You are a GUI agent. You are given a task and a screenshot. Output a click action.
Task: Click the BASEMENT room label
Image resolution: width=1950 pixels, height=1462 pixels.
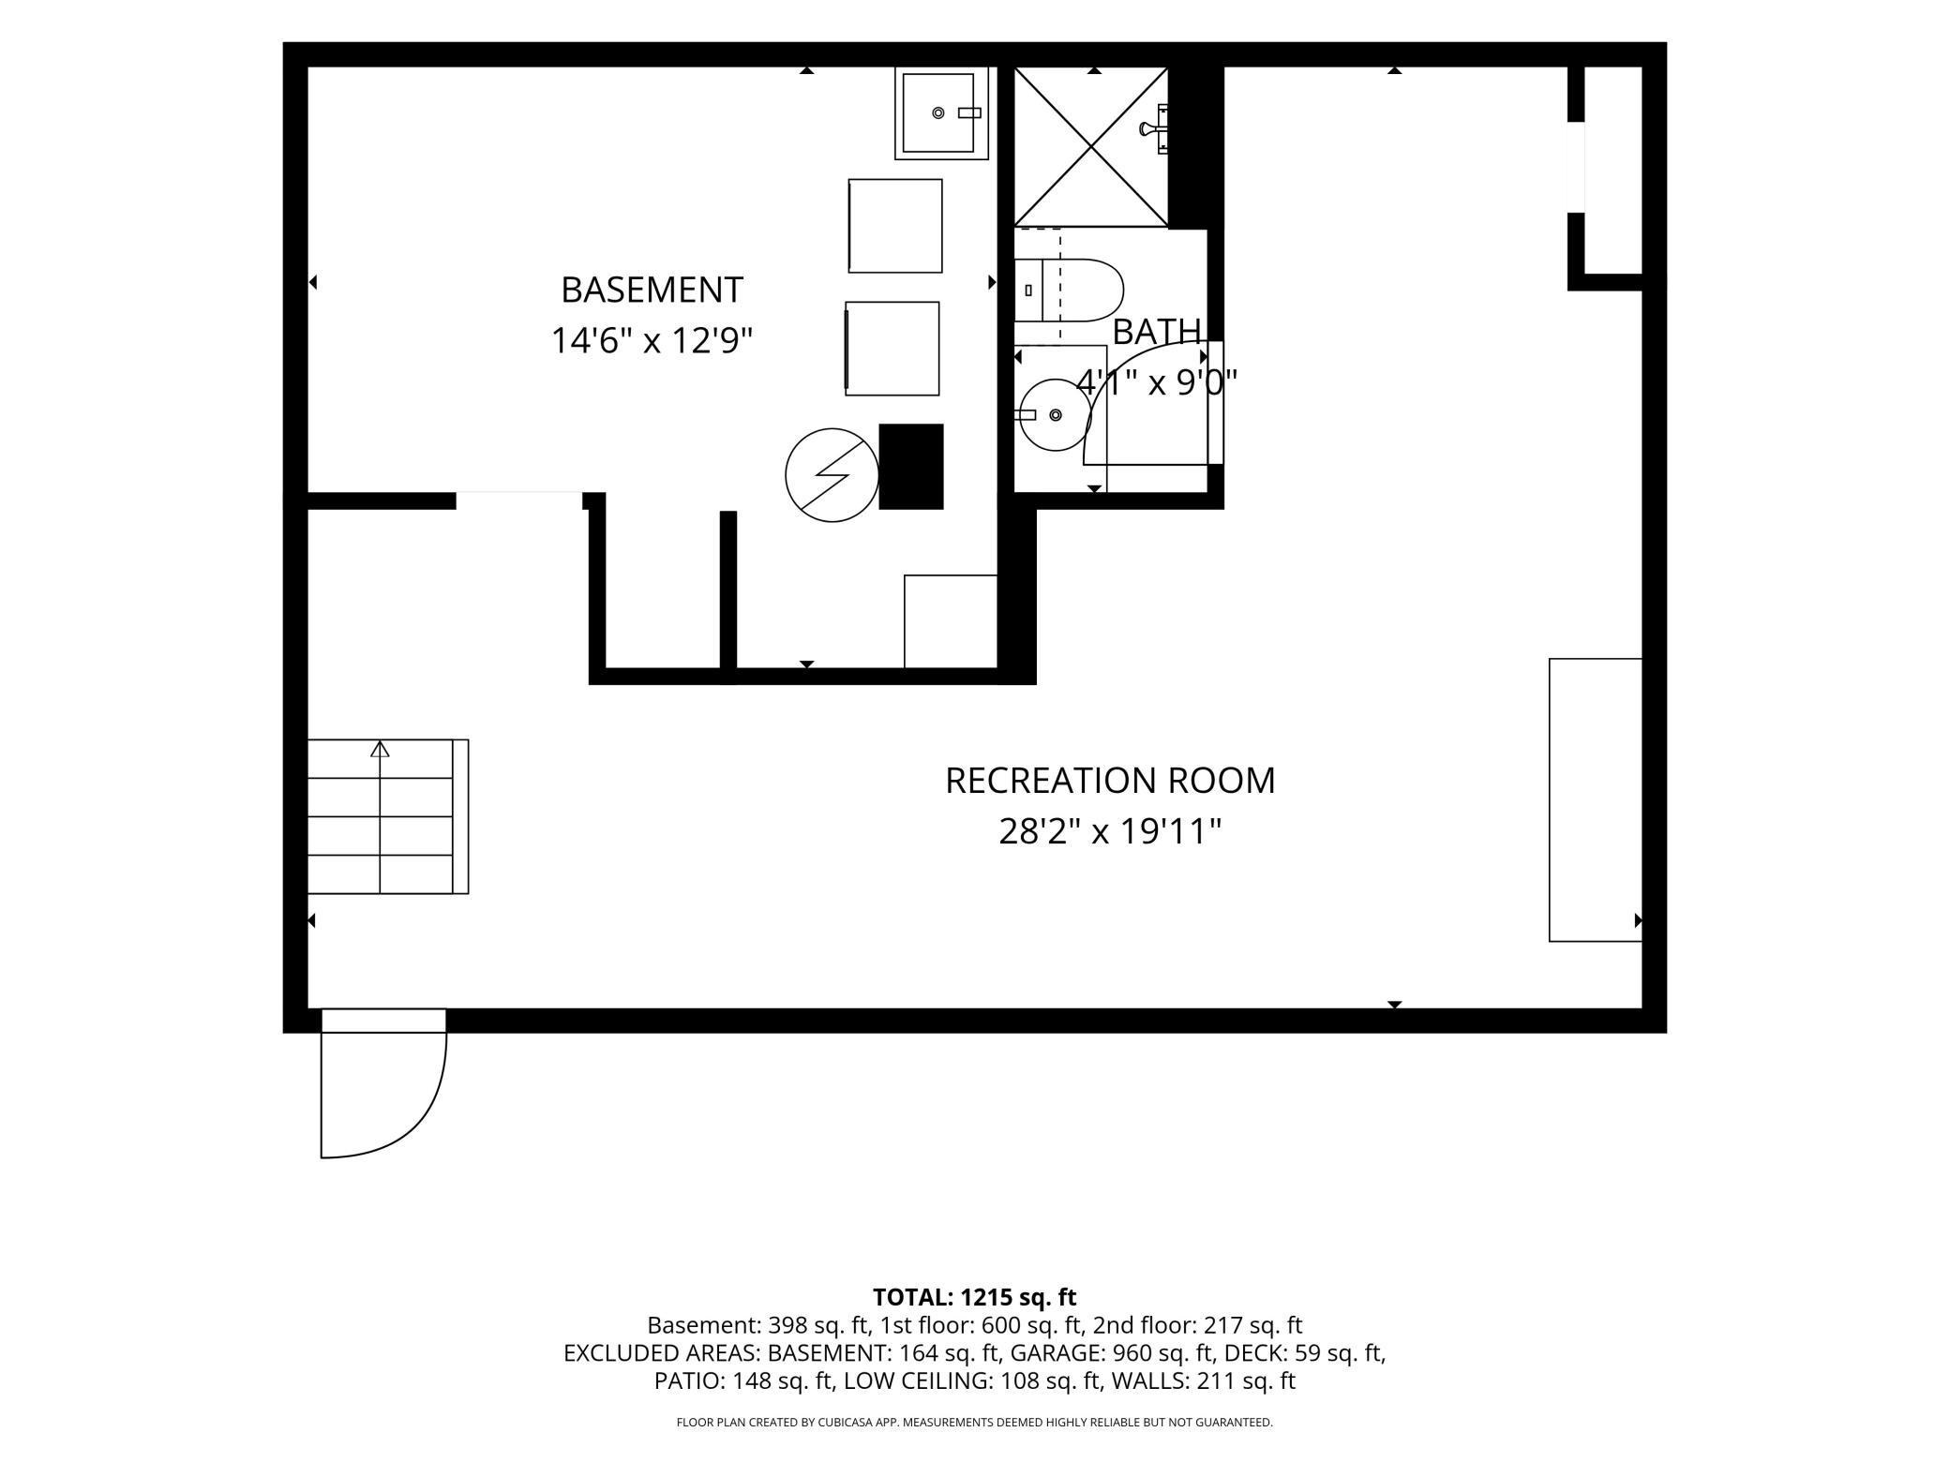(652, 290)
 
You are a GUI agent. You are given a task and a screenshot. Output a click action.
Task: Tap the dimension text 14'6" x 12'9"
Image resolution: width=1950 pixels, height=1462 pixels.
(652, 340)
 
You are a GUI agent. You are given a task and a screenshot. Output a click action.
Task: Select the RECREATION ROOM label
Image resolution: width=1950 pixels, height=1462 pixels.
(1110, 781)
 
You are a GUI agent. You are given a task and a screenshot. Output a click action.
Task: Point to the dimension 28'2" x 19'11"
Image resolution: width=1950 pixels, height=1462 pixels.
(1110, 831)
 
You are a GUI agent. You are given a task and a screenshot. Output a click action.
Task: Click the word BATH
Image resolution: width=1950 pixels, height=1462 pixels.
(1156, 331)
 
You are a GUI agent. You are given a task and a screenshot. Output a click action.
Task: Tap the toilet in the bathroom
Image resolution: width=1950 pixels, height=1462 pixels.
(1069, 291)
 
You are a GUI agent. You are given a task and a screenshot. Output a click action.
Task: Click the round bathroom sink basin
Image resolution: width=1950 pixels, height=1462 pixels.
(1056, 415)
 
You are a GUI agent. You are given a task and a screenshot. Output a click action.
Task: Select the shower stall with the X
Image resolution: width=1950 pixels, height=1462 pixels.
(1091, 147)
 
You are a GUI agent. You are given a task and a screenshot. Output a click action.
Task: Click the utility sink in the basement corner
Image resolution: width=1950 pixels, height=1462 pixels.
(941, 113)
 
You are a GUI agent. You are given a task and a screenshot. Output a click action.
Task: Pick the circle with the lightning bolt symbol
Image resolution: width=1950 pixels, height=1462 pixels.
(832, 475)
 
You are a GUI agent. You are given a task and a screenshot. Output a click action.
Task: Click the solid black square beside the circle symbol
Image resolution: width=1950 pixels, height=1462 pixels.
(911, 467)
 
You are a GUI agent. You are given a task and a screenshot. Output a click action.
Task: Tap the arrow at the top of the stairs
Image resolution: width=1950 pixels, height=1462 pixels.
(380, 749)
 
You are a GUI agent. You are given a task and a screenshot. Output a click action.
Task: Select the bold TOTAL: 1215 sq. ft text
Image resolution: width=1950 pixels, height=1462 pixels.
(974, 1297)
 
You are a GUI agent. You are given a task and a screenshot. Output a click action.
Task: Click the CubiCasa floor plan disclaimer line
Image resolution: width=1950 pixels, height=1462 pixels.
(975, 1423)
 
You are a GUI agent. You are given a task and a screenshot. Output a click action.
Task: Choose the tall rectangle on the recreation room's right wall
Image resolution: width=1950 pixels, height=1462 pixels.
(1595, 799)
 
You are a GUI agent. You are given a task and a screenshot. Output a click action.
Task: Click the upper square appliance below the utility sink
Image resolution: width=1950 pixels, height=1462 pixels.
(895, 226)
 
